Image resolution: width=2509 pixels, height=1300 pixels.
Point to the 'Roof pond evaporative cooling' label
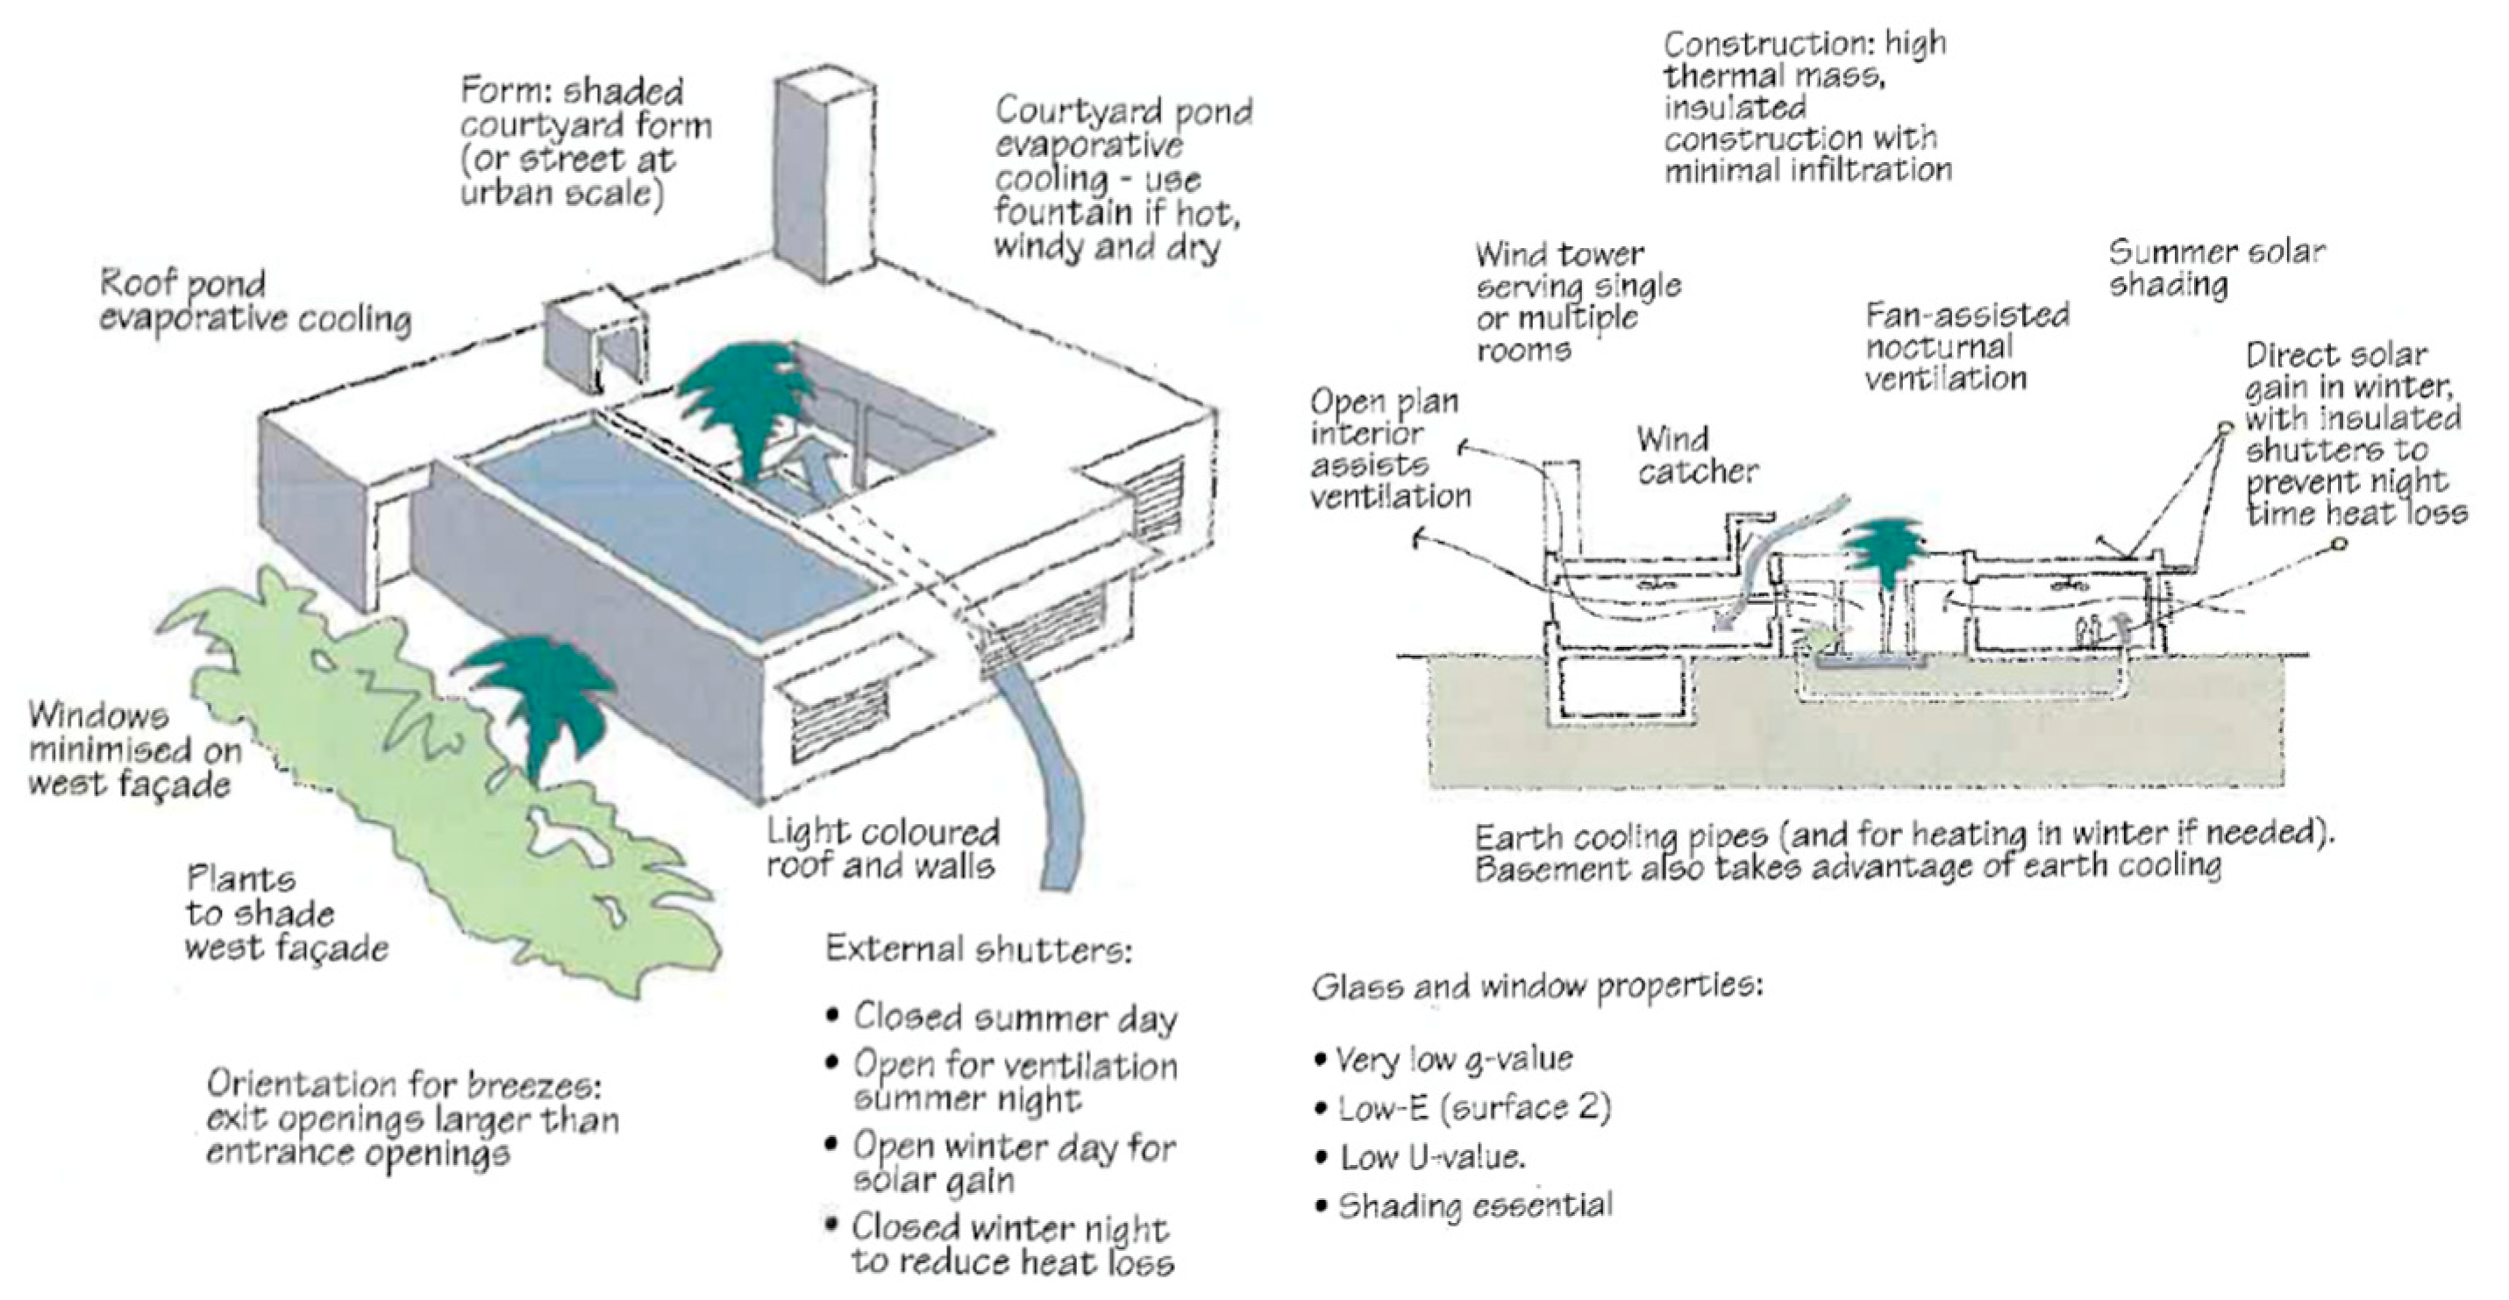tap(255, 302)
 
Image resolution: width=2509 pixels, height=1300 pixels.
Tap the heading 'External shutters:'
tap(979, 949)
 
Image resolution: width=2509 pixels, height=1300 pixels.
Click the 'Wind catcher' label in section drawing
tap(1697, 456)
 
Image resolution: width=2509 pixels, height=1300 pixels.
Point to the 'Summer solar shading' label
tap(2216, 267)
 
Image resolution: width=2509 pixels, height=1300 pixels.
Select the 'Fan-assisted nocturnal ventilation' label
tap(1965, 346)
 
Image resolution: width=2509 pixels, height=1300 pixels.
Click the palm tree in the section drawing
tap(1885, 551)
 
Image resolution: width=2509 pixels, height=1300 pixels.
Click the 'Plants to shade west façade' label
tap(287, 913)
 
